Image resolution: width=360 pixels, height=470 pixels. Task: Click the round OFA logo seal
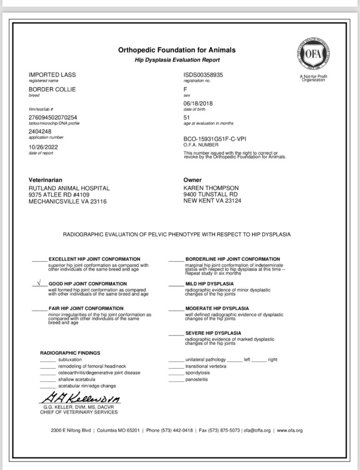tap(314, 54)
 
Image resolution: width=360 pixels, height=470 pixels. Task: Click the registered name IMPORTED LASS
tap(52, 75)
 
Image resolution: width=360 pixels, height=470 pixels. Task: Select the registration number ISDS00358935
tap(203, 75)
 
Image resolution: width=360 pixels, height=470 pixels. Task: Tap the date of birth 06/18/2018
tap(198, 103)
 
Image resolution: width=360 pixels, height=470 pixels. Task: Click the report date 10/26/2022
tap(44, 147)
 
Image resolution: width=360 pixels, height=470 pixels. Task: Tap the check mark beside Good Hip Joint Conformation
tap(39, 283)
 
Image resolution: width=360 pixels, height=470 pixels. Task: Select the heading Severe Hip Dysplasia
tap(213, 333)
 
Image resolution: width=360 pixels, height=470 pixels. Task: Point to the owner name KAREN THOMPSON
tap(211, 188)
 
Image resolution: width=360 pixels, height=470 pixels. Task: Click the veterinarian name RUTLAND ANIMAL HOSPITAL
tap(69, 188)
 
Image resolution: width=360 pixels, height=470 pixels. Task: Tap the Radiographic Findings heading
tap(70, 353)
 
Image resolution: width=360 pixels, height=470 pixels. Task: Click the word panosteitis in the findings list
tap(197, 380)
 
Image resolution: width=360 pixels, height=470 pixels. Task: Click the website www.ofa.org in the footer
tap(290, 431)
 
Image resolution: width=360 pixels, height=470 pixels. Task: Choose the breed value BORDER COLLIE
tap(52, 90)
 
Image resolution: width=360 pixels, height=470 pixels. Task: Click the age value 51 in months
tap(186, 117)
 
